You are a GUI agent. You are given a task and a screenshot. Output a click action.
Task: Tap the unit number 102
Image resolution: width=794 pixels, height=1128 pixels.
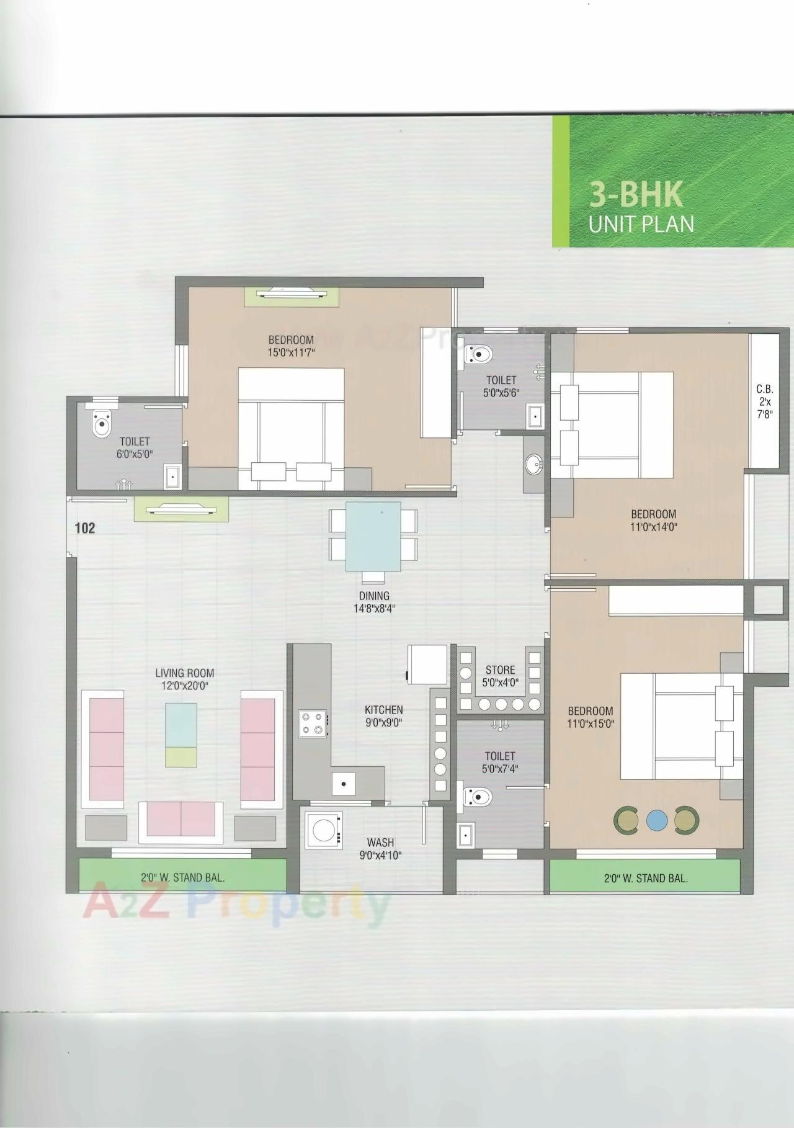(x=85, y=528)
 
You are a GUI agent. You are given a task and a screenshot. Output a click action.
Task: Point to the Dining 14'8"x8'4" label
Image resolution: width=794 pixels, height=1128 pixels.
(x=373, y=602)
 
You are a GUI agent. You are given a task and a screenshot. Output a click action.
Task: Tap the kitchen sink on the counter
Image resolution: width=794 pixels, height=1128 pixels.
(x=343, y=783)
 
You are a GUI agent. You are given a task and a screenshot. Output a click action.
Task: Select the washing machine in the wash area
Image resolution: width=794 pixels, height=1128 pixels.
(x=324, y=830)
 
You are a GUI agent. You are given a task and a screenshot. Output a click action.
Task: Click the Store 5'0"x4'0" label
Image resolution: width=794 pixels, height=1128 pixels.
(x=500, y=676)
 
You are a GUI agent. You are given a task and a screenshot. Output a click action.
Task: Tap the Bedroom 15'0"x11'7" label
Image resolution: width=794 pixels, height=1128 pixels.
(x=291, y=346)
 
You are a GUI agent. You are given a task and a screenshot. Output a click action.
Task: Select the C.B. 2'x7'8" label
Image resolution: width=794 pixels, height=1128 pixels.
(x=764, y=402)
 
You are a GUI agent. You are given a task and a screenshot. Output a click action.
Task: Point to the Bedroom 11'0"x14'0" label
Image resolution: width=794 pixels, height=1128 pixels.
(x=653, y=521)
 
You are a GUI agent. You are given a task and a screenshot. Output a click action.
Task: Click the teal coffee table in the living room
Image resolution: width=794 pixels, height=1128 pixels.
(x=181, y=725)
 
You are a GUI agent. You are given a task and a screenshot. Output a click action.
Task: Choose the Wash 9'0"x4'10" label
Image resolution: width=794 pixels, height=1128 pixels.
(x=380, y=848)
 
